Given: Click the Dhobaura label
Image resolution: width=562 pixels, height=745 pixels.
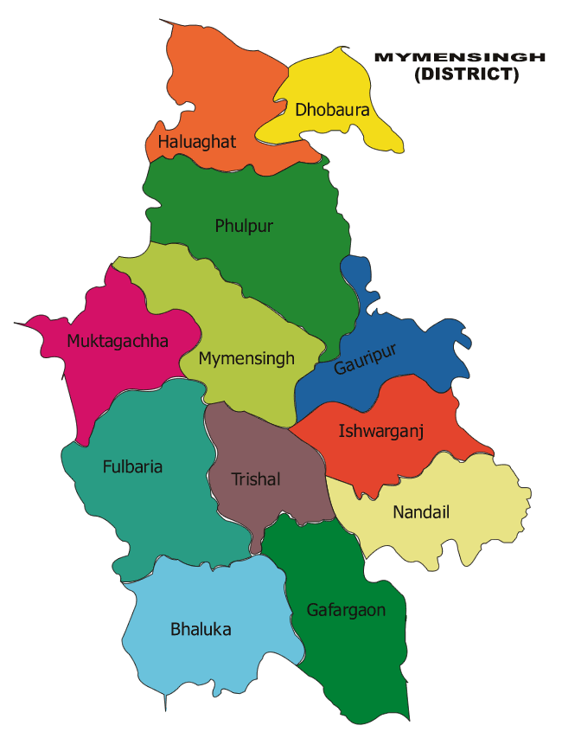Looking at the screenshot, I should (332, 110).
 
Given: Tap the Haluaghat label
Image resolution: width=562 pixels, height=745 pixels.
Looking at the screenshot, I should (196, 141).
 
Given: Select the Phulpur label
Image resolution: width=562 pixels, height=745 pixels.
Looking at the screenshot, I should (244, 226).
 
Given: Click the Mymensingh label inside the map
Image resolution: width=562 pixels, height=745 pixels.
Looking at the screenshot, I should (246, 358).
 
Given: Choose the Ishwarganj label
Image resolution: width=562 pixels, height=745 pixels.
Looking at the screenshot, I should (380, 429).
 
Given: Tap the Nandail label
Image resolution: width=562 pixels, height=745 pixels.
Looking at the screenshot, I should (421, 512).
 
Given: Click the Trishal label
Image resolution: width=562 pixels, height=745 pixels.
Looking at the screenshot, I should (256, 478).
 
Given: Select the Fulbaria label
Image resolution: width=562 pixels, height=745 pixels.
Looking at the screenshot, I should (132, 466).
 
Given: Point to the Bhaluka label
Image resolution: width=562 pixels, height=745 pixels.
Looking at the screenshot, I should (201, 629).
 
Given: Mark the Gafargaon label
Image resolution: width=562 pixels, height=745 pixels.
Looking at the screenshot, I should (346, 610).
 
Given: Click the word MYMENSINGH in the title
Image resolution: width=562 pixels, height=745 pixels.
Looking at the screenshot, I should (459, 57).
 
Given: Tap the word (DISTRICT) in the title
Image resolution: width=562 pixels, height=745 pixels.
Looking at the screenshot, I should (466, 75).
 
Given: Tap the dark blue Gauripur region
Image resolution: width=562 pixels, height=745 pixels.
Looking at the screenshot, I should (406, 346).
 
